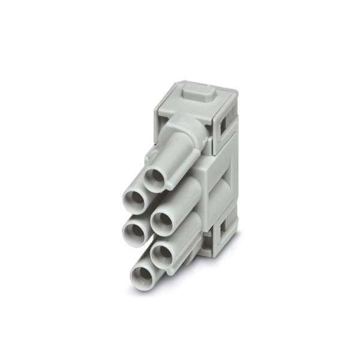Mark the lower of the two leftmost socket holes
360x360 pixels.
coord(134,229)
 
